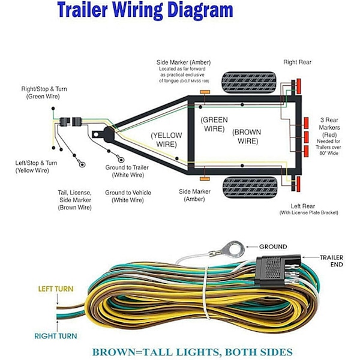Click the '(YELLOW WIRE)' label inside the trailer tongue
[x=166, y=140]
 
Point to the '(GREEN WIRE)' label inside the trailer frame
[x=214, y=124]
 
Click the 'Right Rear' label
[x=297, y=62]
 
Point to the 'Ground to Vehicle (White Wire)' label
[x=128, y=196]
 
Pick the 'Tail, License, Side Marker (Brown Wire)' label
[x=75, y=200]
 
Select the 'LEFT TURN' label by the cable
[x=56, y=289]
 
